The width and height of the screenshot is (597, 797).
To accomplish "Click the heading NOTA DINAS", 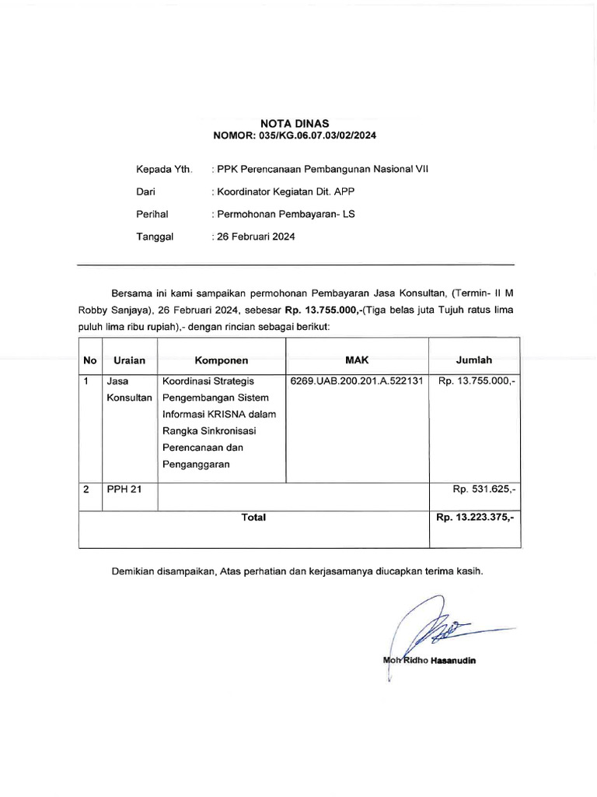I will [x=295, y=123].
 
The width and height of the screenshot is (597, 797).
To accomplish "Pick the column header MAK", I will [x=356, y=360].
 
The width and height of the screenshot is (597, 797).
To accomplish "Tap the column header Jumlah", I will [x=473, y=360].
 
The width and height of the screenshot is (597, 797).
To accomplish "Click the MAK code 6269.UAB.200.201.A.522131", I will [x=356, y=381].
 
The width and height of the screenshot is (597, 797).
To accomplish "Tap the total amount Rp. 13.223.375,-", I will [x=475, y=517].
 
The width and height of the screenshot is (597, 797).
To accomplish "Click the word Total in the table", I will [x=253, y=517].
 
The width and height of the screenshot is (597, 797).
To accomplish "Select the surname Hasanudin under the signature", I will [x=449, y=661].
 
